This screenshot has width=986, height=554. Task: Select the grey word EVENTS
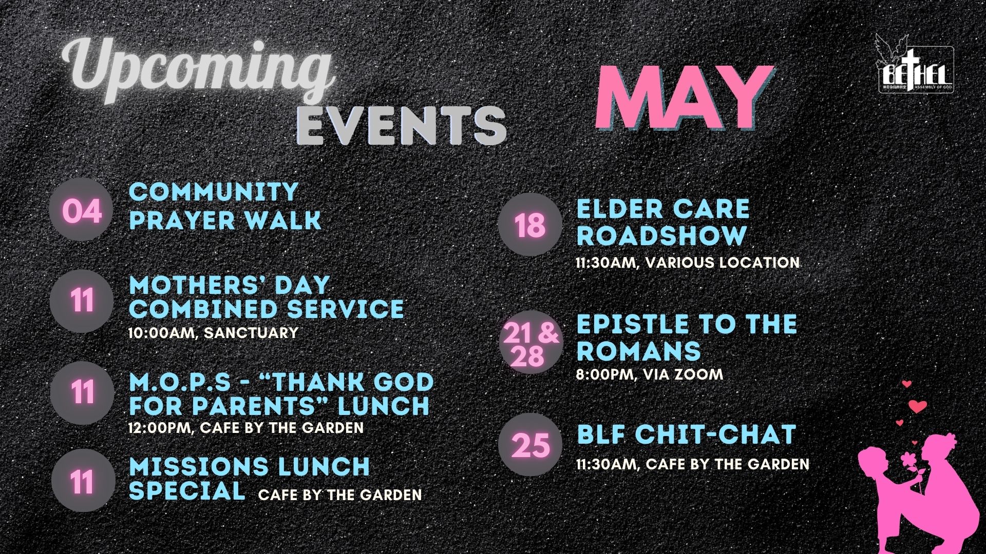click(x=402, y=125)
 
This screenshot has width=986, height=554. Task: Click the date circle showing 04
click(x=82, y=210)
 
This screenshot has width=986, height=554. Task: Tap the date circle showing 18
click(x=530, y=225)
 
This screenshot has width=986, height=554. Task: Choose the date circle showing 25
click(x=530, y=444)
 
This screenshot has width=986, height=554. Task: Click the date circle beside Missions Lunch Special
click(x=83, y=482)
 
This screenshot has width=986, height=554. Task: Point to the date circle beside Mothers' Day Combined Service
click(x=82, y=301)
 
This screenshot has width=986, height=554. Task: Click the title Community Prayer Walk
click(x=225, y=206)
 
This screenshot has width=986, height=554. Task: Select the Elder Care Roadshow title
click(x=662, y=223)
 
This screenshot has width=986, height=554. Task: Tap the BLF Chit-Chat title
click(x=686, y=434)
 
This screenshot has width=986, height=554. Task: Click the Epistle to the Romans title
click(x=687, y=338)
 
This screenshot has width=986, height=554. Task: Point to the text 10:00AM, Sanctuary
click(x=213, y=333)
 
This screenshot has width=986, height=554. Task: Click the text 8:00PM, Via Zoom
click(x=649, y=374)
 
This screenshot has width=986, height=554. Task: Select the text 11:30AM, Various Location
click(x=688, y=263)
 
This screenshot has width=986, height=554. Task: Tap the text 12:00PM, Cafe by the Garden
click(x=246, y=427)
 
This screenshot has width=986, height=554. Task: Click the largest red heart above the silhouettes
click(x=918, y=406)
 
